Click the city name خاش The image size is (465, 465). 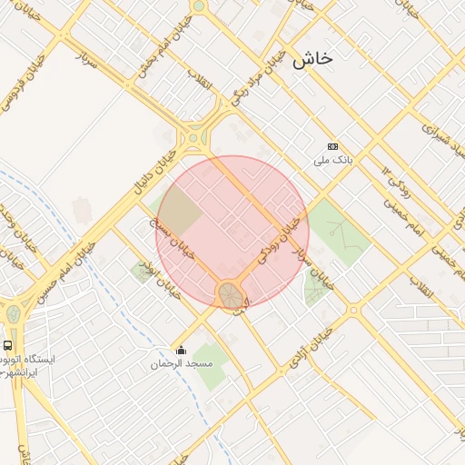312,59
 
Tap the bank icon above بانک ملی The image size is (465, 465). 332,146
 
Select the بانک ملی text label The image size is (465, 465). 331,160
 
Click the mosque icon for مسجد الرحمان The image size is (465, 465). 182,351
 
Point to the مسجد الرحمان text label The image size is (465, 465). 182,363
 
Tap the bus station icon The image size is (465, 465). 8,346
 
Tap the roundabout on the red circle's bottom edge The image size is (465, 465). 230,294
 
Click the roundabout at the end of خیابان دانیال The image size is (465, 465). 193,140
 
